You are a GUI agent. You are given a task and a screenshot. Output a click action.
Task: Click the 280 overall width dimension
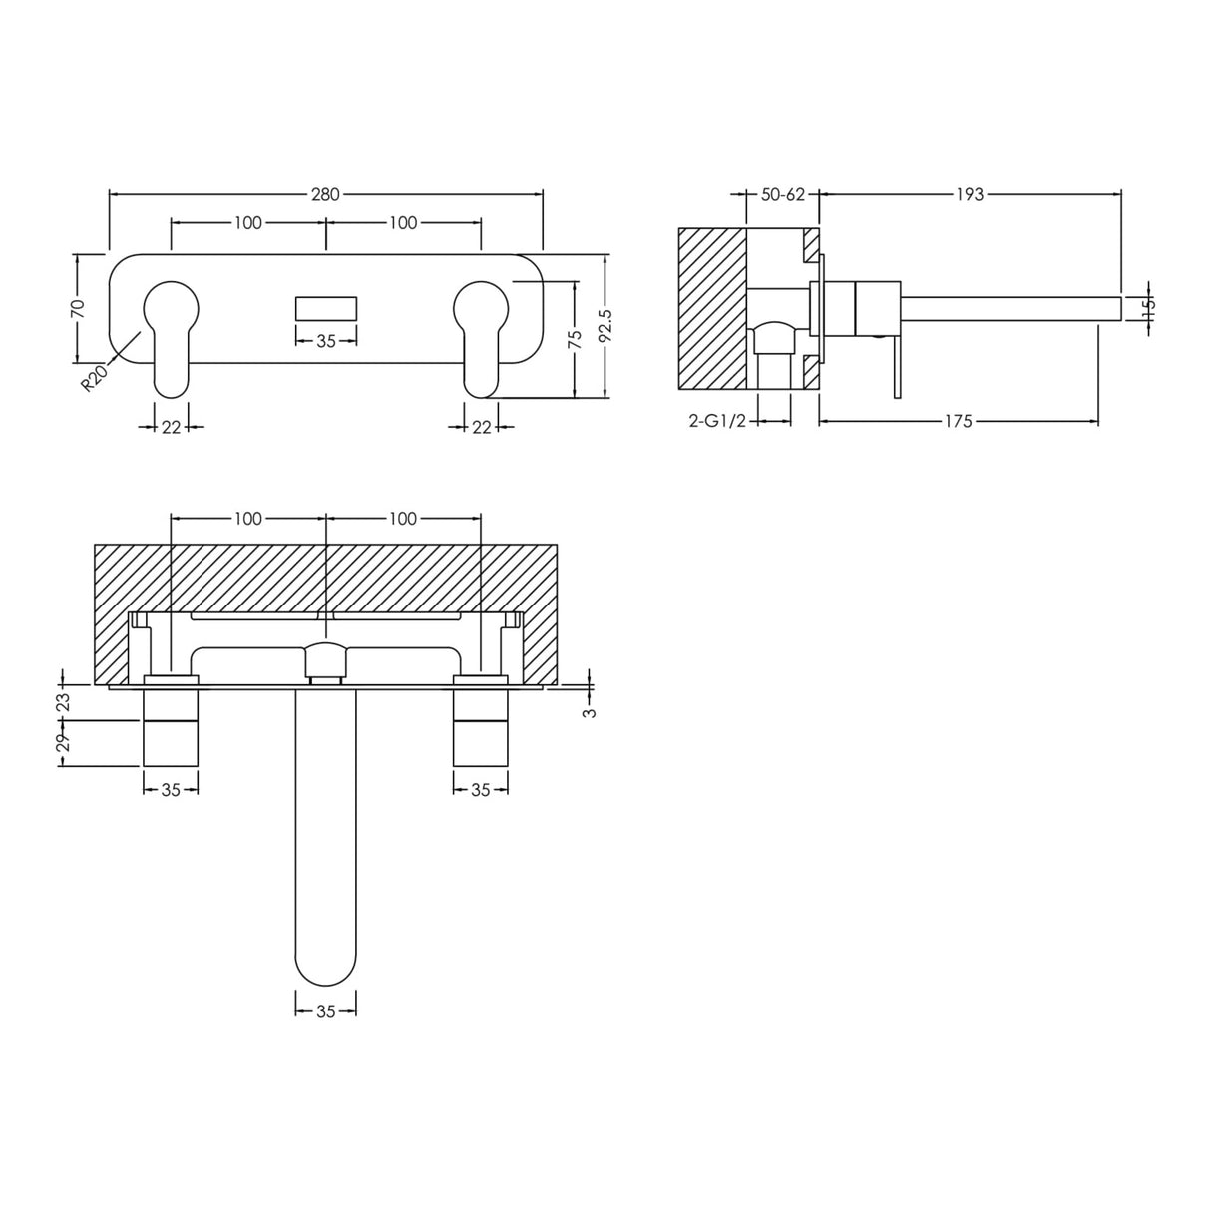click(x=325, y=194)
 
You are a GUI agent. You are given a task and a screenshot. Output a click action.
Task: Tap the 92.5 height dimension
click(x=605, y=326)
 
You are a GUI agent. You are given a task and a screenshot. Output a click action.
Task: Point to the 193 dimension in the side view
click(x=969, y=194)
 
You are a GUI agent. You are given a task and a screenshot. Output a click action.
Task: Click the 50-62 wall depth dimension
click(x=782, y=194)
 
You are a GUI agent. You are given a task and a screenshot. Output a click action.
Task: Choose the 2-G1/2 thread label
click(x=717, y=421)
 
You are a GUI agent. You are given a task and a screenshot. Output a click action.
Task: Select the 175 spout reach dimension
click(x=957, y=421)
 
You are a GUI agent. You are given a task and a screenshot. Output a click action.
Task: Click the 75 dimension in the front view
click(x=574, y=339)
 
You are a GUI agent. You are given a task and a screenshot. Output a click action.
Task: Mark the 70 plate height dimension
click(x=78, y=307)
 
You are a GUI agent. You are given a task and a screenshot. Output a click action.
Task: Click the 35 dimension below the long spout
click(x=326, y=1010)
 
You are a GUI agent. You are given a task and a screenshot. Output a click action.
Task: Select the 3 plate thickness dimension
click(x=590, y=712)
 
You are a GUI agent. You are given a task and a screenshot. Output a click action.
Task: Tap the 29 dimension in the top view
click(x=63, y=743)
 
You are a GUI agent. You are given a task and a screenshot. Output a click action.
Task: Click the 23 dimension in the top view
click(x=63, y=702)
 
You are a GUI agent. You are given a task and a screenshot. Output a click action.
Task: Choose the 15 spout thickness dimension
click(x=1148, y=307)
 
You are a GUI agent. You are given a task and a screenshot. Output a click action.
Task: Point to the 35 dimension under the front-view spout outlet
click(x=326, y=341)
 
